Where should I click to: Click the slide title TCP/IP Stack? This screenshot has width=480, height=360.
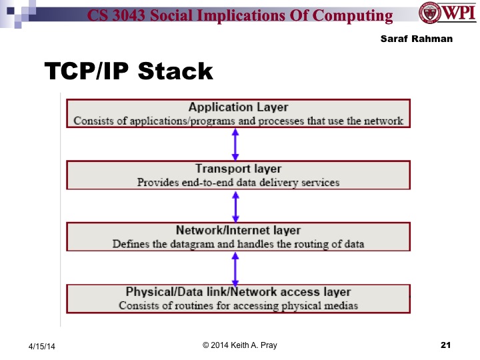point(128,71)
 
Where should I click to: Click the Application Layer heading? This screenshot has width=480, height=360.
point(238,107)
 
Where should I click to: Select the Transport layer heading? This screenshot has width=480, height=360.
point(238,169)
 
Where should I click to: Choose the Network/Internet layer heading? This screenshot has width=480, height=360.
point(238,231)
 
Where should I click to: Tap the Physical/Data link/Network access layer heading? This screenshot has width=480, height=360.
point(238,292)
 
